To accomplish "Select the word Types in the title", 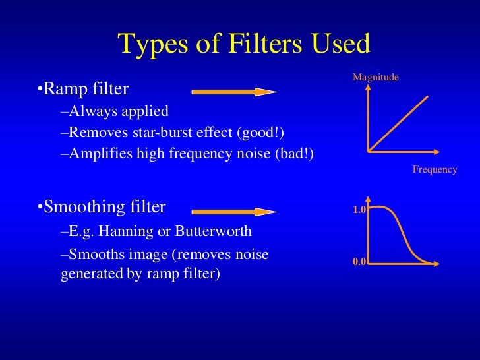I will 149,44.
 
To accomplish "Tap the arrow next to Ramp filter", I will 234,92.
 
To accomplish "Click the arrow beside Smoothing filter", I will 234,212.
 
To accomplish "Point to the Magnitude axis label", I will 376,78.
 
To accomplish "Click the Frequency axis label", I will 435,169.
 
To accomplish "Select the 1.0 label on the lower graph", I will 359,210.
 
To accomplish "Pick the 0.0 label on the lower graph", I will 359,262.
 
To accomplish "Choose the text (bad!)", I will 293,154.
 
